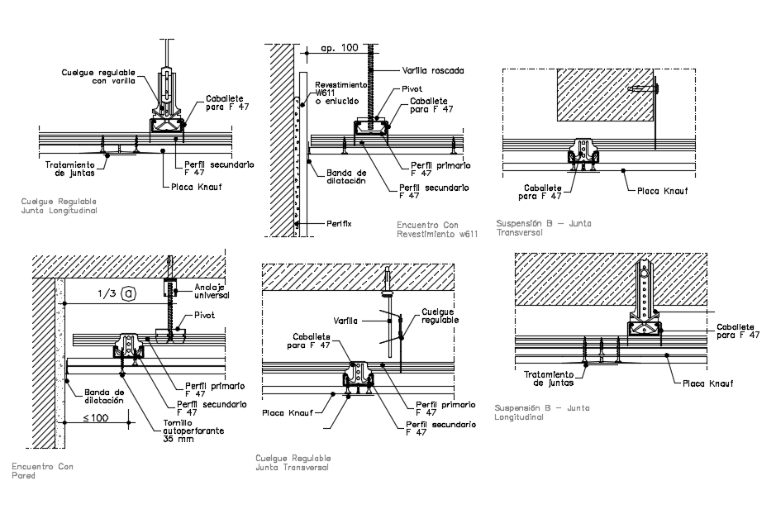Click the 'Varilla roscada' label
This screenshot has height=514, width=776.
tap(433, 71)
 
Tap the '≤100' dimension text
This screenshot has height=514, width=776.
tap(96, 418)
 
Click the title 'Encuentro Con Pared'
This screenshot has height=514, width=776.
tap(42, 471)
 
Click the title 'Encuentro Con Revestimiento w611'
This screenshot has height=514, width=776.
tap(437, 229)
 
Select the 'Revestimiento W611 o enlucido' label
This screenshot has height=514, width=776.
tap(339, 93)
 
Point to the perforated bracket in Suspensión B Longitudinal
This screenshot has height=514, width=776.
tap(645, 289)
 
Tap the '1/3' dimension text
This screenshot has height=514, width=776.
tap(107, 293)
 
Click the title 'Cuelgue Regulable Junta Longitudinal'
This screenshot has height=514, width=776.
tap(60, 206)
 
